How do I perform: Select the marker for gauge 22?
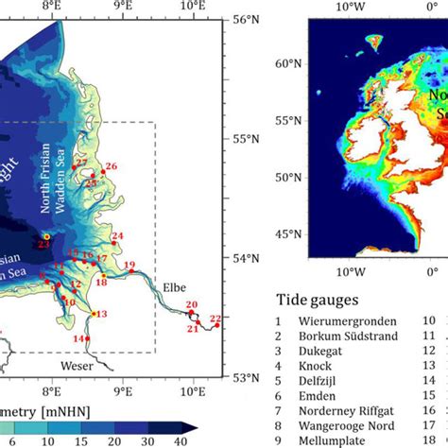coord(217,325)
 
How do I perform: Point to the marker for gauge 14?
coord(88,338)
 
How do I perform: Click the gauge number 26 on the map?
coord(112,166)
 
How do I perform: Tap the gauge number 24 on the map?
coord(118,236)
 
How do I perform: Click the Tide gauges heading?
coord(317,300)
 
